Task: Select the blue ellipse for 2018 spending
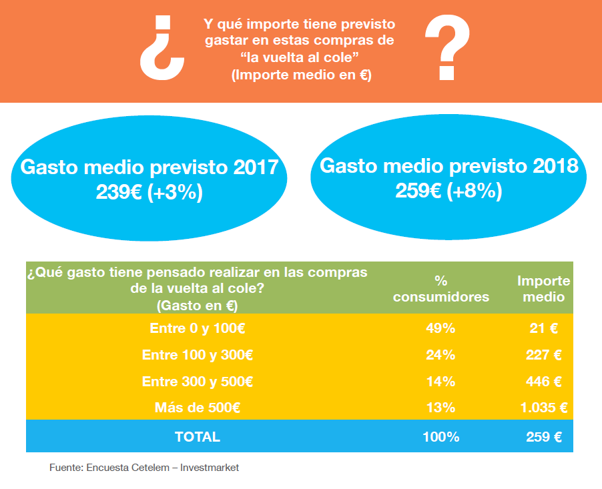click(448, 178)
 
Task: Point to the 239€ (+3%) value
click(149, 193)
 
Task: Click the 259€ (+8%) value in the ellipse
click(448, 191)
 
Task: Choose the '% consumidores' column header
click(440, 289)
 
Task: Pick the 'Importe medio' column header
click(543, 289)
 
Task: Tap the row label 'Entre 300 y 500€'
click(197, 382)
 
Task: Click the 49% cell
click(440, 328)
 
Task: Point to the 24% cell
click(440, 355)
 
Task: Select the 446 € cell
click(543, 382)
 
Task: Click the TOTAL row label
click(197, 437)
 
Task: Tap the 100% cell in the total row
click(440, 437)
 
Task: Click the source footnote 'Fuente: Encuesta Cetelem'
click(144, 468)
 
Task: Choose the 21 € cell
click(543, 328)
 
